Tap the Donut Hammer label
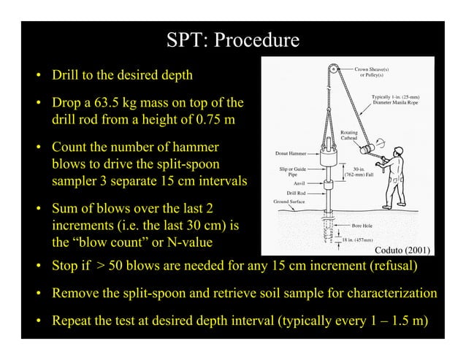(289, 154)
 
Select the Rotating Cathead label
(350, 137)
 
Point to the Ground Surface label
(290, 202)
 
